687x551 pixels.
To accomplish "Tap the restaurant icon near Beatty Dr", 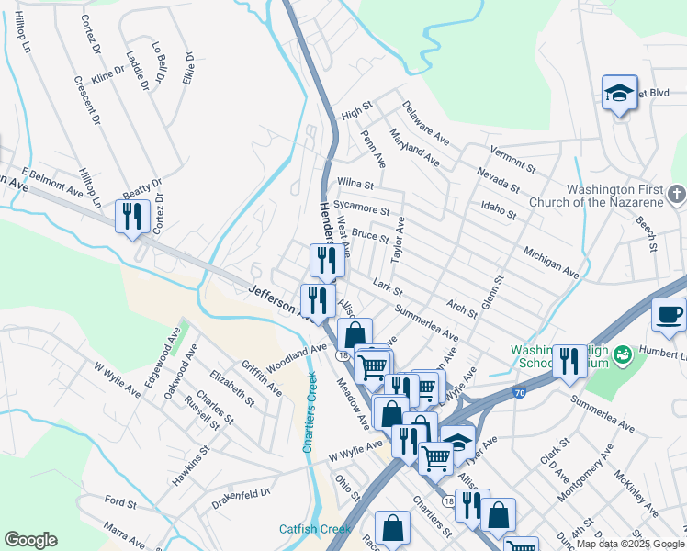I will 132,217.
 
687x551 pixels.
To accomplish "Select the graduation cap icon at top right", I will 620,92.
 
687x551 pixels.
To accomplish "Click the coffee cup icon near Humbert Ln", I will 669,314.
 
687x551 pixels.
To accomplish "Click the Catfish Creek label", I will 316,529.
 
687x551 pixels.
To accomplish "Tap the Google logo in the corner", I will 30,540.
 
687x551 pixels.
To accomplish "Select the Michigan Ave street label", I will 551,262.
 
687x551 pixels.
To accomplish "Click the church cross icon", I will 676,194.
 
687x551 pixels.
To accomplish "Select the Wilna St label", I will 355,185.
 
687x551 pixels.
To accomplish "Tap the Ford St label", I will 120,503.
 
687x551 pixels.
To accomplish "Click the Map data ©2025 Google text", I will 629,544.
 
